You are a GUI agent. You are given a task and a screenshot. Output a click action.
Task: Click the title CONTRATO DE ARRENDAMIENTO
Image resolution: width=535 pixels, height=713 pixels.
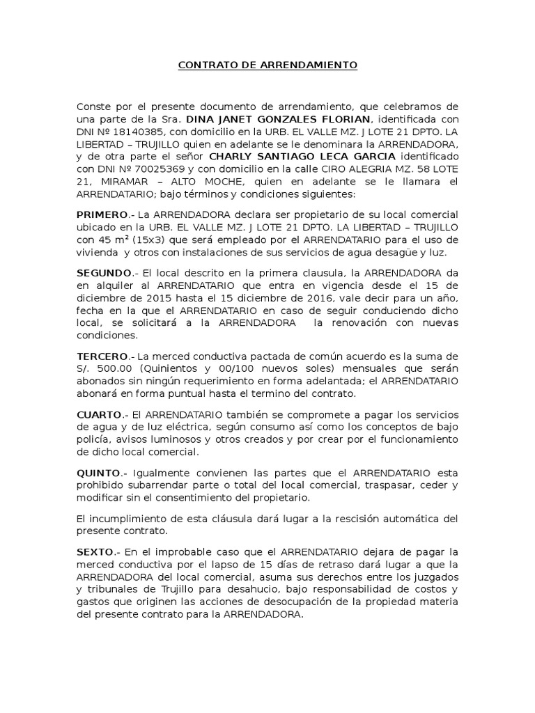tap(267, 65)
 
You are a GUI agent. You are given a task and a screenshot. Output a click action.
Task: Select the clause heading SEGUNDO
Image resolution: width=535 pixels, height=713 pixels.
tap(104, 272)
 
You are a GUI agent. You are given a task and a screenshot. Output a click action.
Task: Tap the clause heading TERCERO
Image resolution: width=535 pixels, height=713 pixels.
tap(103, 356)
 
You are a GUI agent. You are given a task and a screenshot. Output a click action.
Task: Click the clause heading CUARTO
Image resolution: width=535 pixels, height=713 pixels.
tap(99, 414)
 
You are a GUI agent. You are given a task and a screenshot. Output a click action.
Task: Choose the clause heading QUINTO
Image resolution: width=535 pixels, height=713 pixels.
tap(99, 473)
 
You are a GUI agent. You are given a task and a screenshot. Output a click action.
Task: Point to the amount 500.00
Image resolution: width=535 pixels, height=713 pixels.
tap(116, 369)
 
